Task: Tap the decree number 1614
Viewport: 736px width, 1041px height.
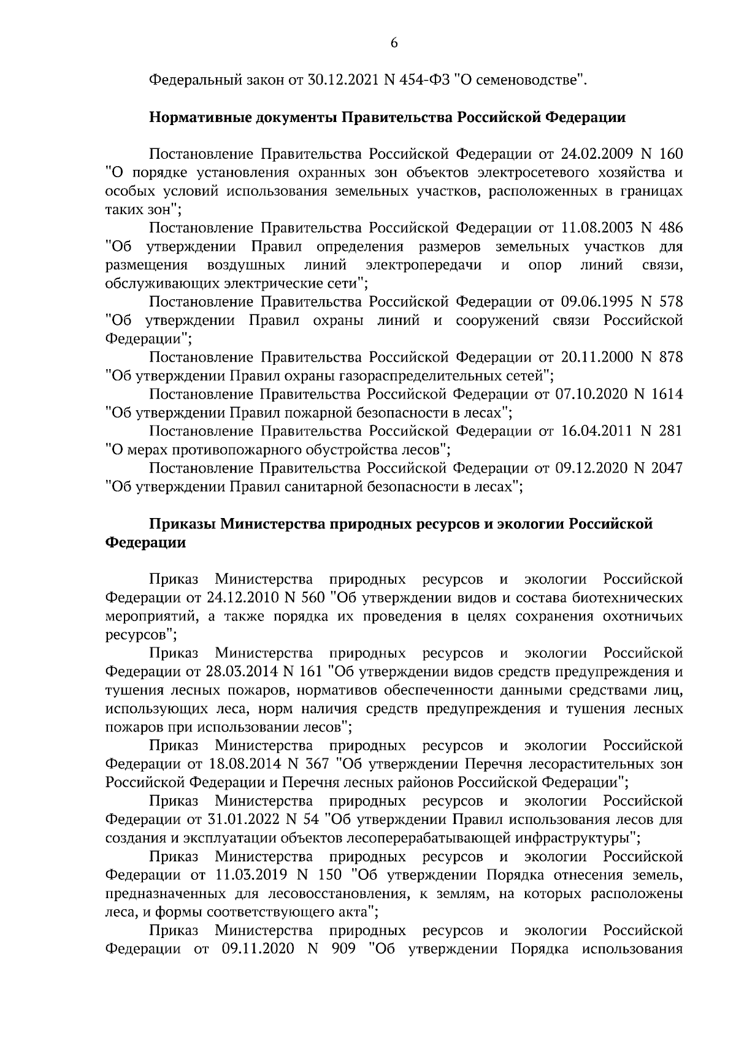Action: coord(664,394)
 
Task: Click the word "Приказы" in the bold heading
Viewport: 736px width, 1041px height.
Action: coord(183,524)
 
